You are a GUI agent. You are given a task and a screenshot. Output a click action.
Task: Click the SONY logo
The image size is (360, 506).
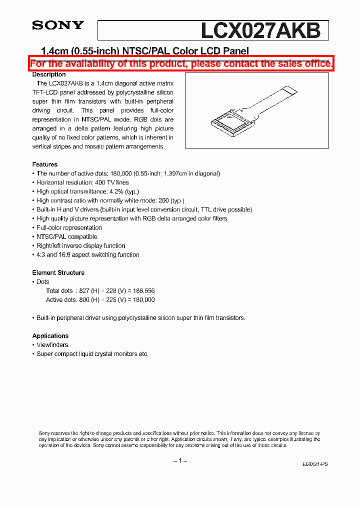tap(58, 25)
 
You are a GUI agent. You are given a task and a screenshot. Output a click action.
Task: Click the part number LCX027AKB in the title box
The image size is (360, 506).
tap(260, 30)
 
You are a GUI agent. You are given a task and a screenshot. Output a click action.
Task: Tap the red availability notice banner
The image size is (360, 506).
tap(181, 63)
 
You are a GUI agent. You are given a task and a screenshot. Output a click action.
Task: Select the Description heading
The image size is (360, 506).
tap(49, 74)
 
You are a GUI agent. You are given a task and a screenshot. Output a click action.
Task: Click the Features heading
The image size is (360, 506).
tap(44, 164)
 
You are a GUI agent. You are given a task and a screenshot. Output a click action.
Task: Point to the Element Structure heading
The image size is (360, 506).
tap(58, 273)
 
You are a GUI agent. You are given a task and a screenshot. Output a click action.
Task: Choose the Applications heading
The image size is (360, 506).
tap(50, 336)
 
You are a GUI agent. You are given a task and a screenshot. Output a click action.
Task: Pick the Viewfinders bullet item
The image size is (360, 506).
tap(52, 345)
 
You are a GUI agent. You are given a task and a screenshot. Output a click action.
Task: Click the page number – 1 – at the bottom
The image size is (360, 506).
tap(180, 460)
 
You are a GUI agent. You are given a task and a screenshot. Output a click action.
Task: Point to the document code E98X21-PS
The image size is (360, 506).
tap(315, 464)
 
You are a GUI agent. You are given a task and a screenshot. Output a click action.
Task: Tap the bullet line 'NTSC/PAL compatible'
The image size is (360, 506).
tap(66, 237)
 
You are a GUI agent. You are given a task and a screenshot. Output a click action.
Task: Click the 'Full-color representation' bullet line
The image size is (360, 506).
tap(69, 228)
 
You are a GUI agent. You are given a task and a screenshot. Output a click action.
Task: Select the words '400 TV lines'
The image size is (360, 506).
tap(112, 183)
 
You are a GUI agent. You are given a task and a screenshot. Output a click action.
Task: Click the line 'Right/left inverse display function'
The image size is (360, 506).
tap(80, 246)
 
